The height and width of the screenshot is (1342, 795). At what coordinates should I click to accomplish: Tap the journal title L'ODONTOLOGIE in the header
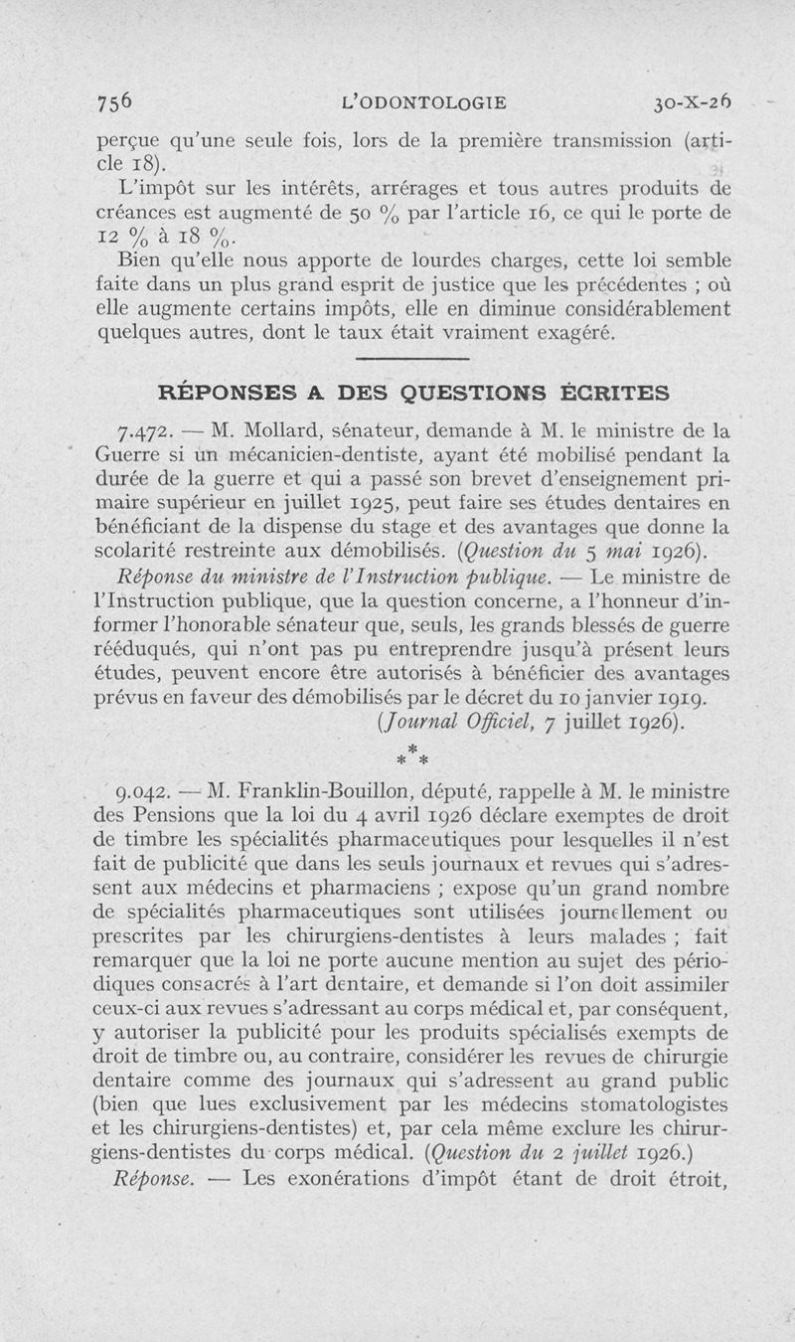423,101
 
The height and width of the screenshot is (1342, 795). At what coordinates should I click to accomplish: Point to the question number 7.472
147,431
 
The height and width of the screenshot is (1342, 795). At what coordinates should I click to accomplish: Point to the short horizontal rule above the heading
411,359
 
